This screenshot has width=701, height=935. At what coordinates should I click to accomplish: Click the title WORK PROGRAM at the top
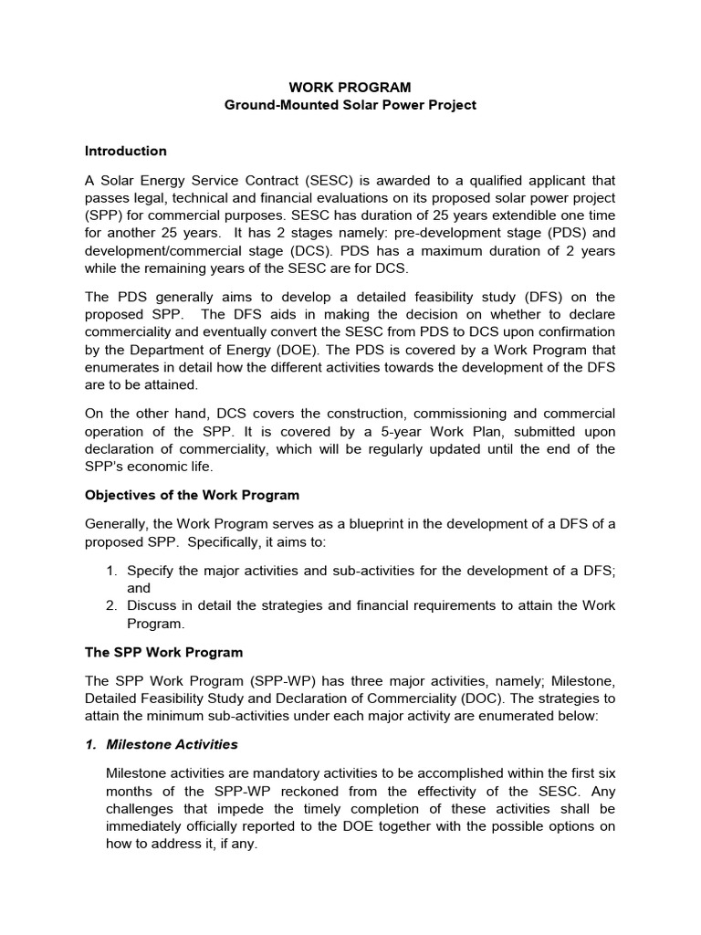tap(350, 88)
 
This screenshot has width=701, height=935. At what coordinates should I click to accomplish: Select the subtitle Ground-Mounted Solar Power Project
tap(350, 106)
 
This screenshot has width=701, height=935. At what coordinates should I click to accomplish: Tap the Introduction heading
tap(126, 151)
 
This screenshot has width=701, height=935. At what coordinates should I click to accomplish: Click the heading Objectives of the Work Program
tap(192, 495)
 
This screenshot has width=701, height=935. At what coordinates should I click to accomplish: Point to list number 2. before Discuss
tap(111, 606)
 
